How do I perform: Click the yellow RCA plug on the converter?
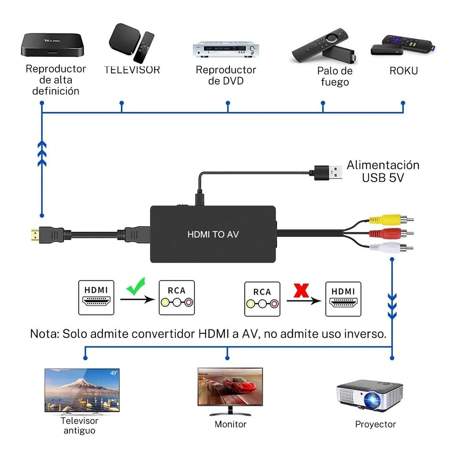tap(385, 219)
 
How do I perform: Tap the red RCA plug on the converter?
tap(385, 233)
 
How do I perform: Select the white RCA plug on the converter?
tap(385, 248)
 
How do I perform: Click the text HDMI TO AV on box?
tap(213, 234)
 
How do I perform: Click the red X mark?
tap(301, 290)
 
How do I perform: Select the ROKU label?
tap(403, 71)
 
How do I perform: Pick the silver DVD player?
tap(226, 50)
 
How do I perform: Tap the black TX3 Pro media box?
tap(52, 45)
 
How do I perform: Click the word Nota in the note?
tap(44, 334)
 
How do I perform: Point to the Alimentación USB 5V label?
tap(383, 171)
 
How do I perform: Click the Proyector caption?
tap(375, 424)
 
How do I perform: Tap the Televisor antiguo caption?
tap(79, 426)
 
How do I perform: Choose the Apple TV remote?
tap(144, 47)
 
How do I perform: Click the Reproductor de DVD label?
tap(226, 75)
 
